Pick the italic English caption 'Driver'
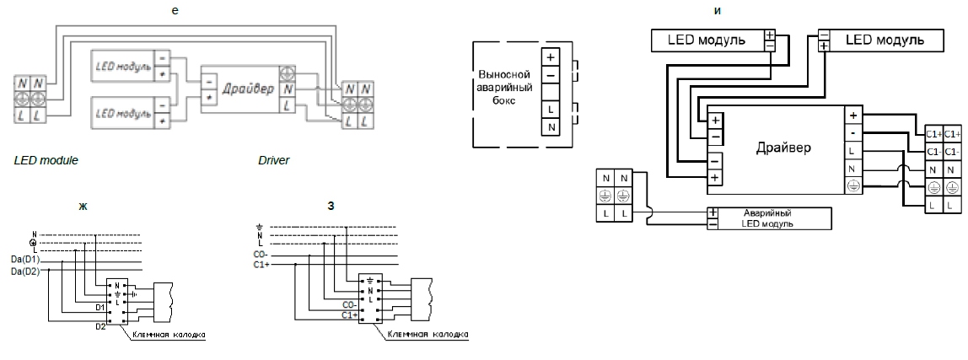(x=274, y=159)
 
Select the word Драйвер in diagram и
(x=783, y=148)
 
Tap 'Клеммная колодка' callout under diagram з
(x=428, y=335)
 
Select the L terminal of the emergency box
(x=551, y=110)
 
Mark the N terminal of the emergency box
(x=551, y=127)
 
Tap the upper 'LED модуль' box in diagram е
(x=123, y=66)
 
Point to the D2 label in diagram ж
(x=100, y=325)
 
